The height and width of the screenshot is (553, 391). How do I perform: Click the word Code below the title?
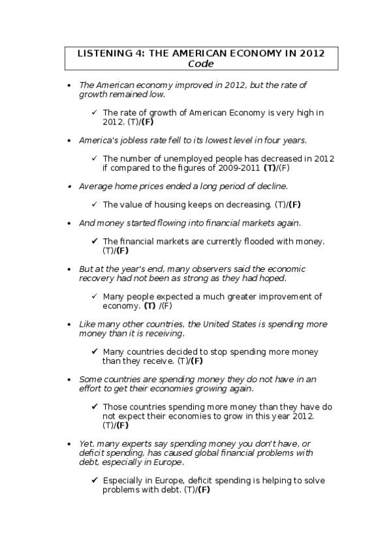(201, 64)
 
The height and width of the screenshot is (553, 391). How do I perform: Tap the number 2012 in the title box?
(311, 53)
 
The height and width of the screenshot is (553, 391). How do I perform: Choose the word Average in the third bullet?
(96, 186)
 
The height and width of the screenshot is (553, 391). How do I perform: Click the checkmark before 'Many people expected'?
(95, 296)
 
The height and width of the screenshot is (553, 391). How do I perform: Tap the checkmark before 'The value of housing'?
(95, 204)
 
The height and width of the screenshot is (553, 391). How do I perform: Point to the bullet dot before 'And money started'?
(69, 223)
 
